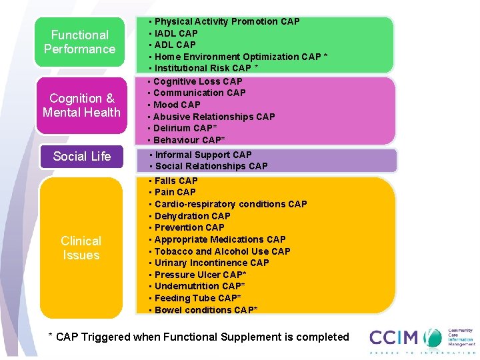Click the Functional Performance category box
pos(80,42)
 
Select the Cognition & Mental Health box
pos(81,105)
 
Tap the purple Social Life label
pos(81,156)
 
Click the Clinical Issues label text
pos(81,248)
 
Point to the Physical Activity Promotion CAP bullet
pos(227,21)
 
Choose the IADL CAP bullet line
pos(176,33)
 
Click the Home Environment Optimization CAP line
pos(240,57)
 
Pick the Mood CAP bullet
pos(177,105)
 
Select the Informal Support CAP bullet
pos(203,155)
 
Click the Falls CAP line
pos(176,181)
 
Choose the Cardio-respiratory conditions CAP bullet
pos(230,204)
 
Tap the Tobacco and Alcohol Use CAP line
pos(222,251)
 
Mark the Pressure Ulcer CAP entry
pos(200,275)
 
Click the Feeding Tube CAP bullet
pos(197,298)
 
